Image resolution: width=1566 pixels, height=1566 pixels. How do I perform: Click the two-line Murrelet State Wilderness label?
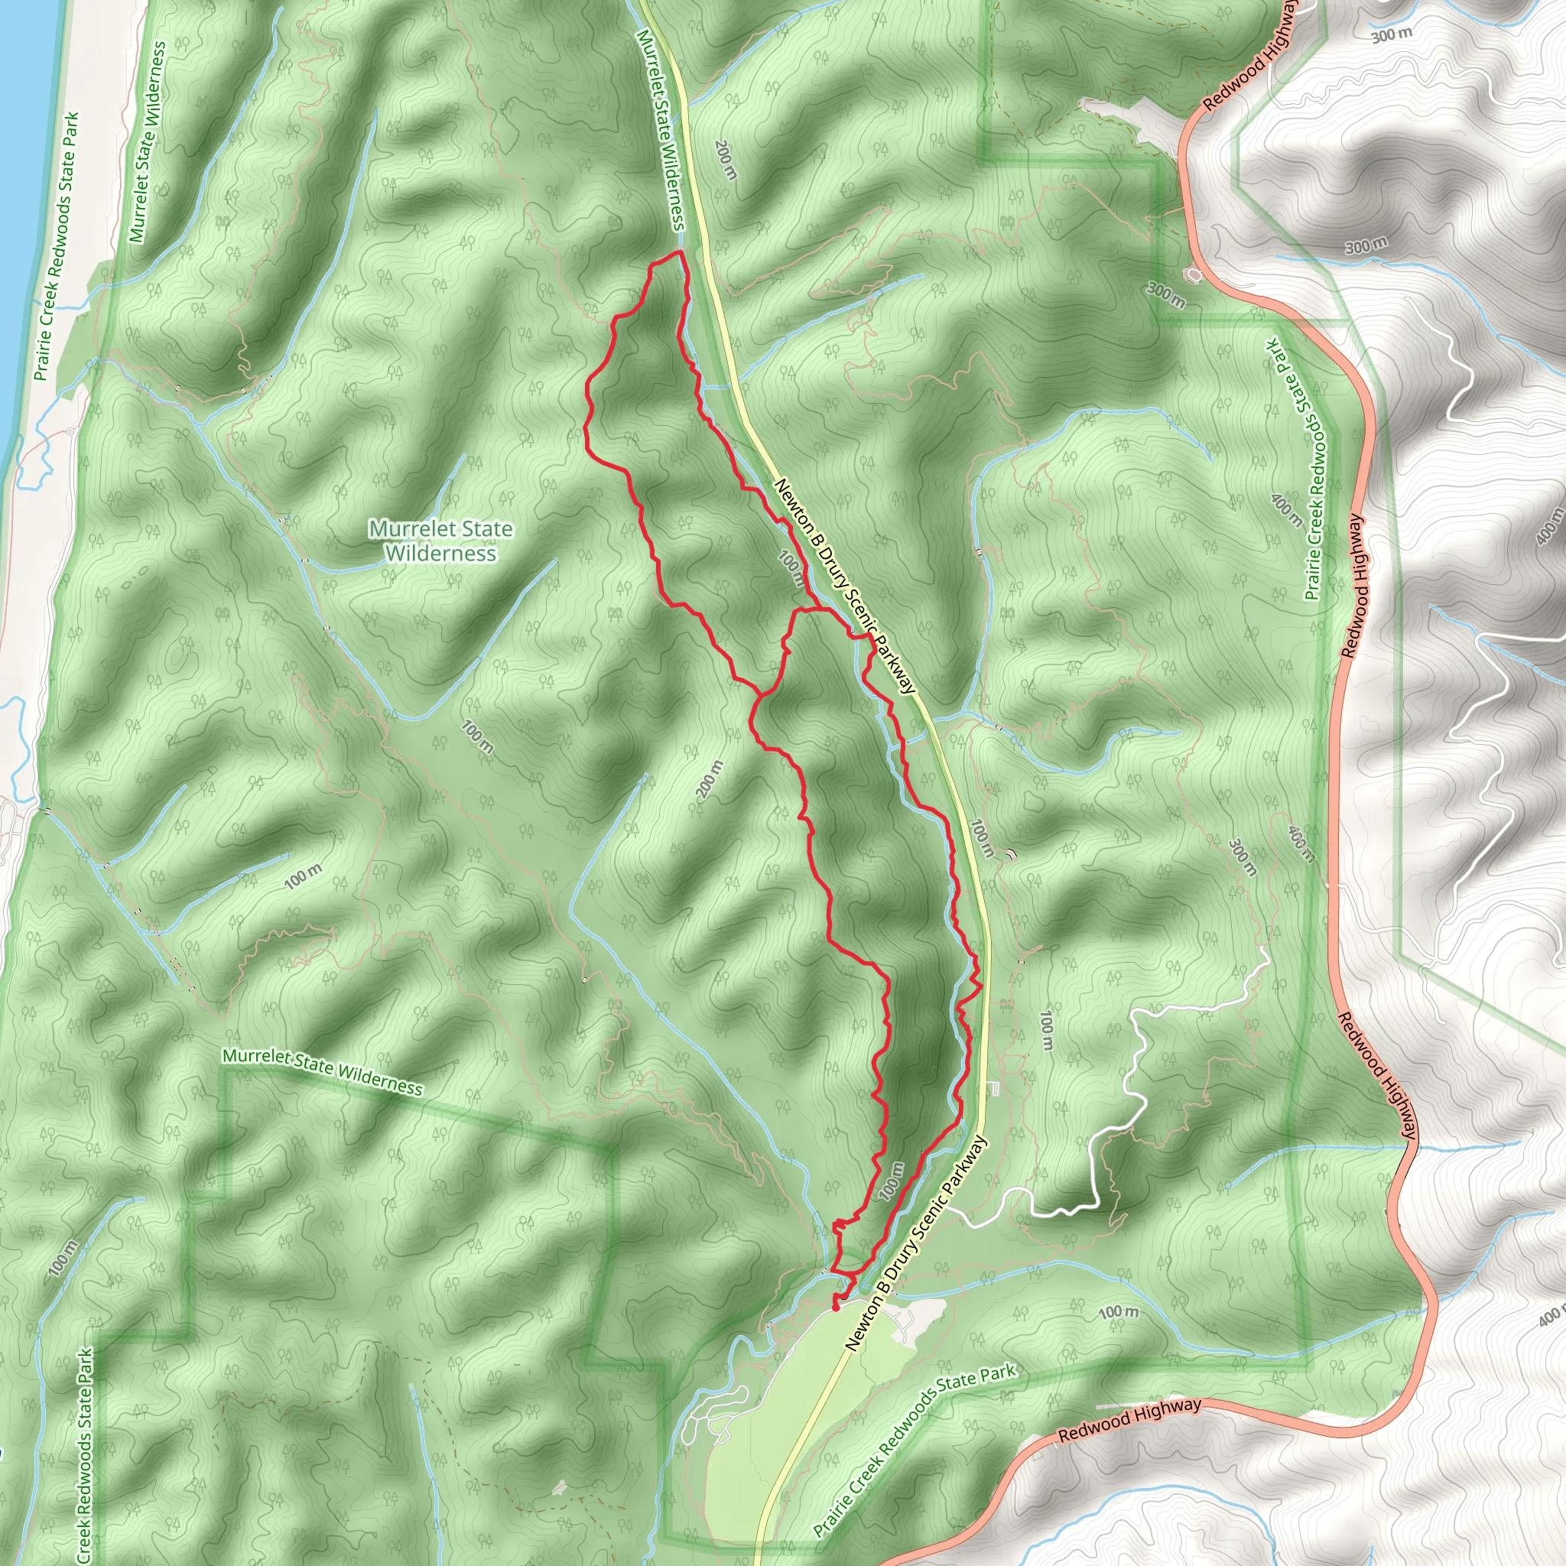pyautogui.click(x=440, y=541)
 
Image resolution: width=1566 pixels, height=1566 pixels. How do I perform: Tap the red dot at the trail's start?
pyautogui.click(x=836, y=1306)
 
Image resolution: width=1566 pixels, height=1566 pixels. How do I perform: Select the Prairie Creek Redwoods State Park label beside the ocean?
pyautogui.click(x=57, y=245)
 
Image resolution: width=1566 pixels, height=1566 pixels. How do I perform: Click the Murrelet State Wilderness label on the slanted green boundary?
pyautogui.click(x=322, y=1071)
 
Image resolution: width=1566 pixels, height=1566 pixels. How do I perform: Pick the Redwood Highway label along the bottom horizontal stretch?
pyautogui.click(x=1129, y=1421)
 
